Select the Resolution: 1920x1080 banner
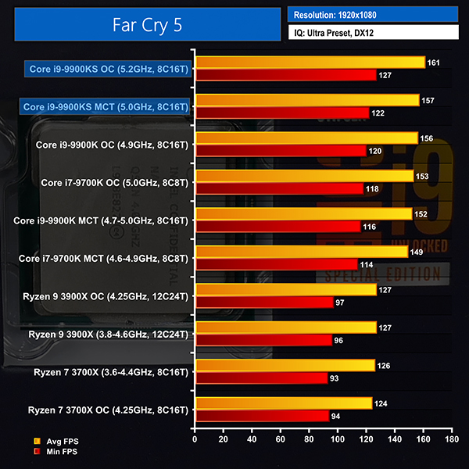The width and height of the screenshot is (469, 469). pyautogui.click(x=372, y=14)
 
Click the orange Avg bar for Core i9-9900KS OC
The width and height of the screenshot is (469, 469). pyautogui.click(x=310, y=63)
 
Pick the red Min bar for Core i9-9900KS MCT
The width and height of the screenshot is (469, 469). pyautogui.click(x=281, y=113)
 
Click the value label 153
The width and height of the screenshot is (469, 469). pyautogui.click(x=422, y=177)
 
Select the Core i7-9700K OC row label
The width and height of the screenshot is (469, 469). pyautogui.click(x=114, y=182)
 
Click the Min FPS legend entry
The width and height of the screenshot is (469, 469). pyautogui.click(x=55, y=452)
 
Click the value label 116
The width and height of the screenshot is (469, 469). pyautogui.click(x=369, y=227)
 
